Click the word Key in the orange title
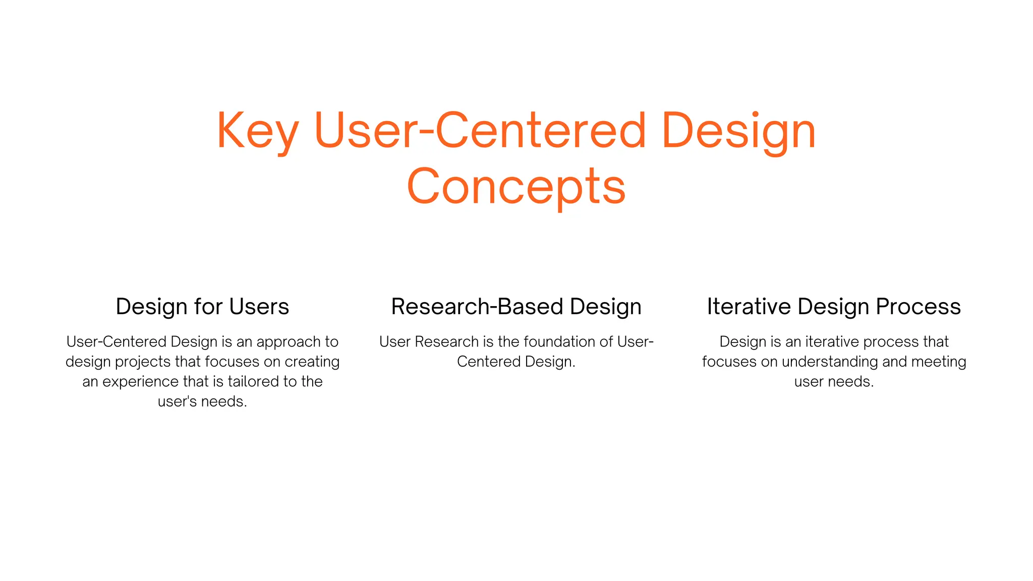pos(258,131)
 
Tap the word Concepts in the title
pos(516,187)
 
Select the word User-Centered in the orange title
pos(479,131)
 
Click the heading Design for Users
pos(202,307)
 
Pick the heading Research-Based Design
pos(516,307)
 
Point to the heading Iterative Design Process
pos(834,307)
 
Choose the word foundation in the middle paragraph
pos(556,342)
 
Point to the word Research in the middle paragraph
pos(446,342)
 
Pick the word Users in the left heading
pos(259,307)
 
